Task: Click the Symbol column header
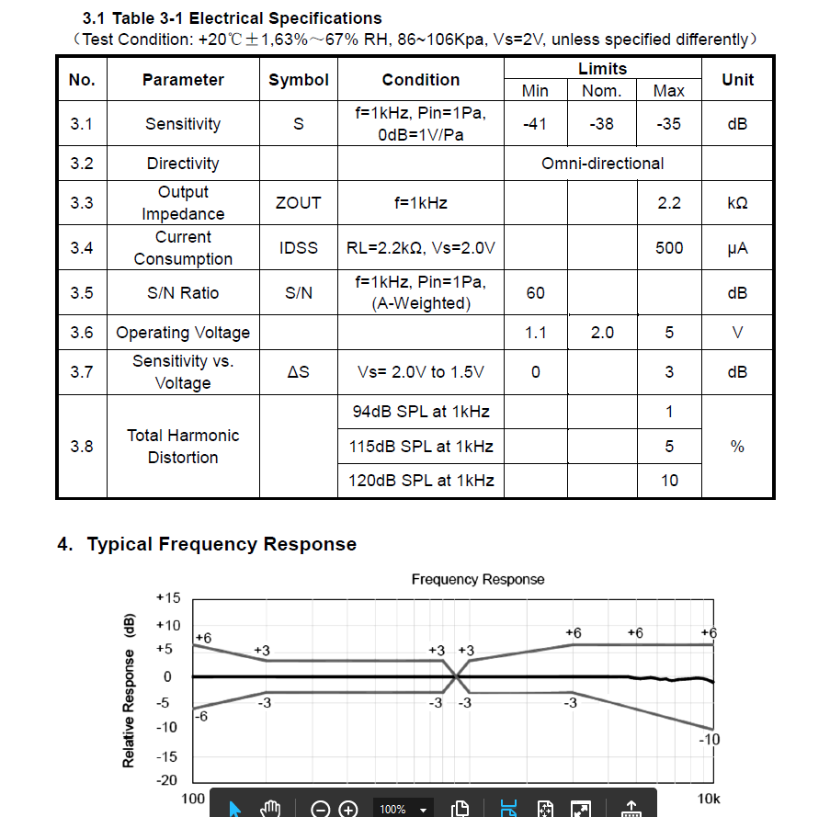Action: [298, 80]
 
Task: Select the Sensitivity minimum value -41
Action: [535, 123]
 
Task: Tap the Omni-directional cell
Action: [602, 164]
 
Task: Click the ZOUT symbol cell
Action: [298, 202]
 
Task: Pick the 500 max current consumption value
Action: [669, 247]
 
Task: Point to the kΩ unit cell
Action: [737, 202]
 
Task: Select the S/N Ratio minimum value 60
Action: [535, 292]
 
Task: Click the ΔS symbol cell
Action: [298, 371]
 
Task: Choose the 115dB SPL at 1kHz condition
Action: [421, 447]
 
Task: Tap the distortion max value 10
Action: [669, 480]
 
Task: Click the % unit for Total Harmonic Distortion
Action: [737, 447]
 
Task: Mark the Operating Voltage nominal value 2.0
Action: [602, 332]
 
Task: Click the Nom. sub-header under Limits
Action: [602, 91]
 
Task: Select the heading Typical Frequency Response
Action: [222, 544]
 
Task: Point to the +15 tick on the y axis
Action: [168, 597]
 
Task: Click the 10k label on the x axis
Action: [708, 798]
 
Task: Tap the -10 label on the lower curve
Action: [709, 739]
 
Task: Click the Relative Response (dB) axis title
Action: [129, 689]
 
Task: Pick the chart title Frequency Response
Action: [478, 579]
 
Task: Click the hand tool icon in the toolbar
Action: [269, 808]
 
